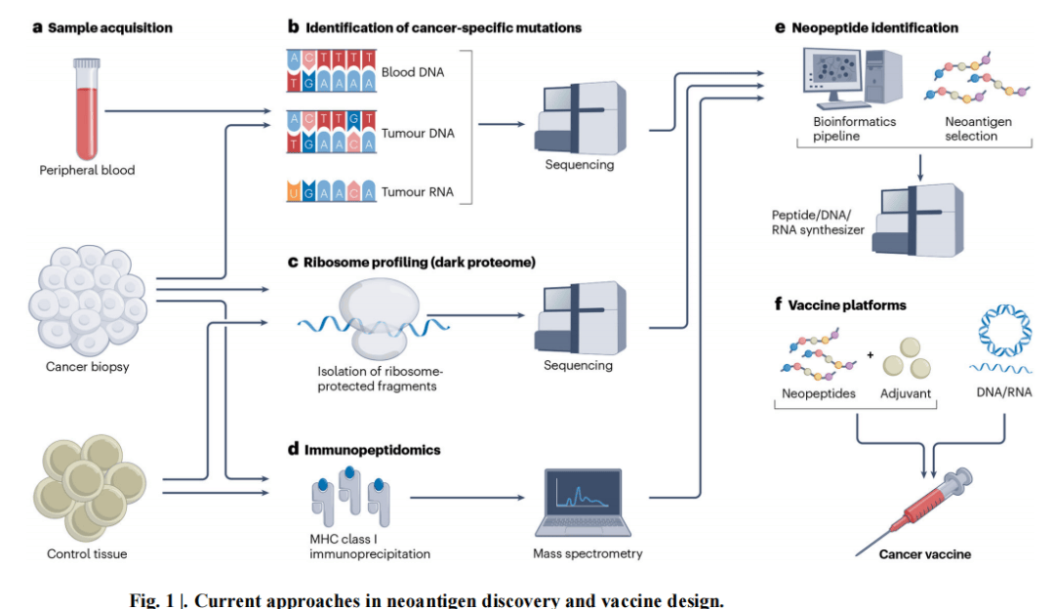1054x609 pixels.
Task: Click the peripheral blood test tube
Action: point(87,108)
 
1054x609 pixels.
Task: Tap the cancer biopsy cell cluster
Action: point(88,300)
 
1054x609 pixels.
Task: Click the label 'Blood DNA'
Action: point(413,72)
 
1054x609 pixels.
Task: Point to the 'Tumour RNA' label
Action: point(418,191)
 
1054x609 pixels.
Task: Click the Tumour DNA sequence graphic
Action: point(332,133)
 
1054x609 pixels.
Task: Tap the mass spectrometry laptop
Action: point(583,503)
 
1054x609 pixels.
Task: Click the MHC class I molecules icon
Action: point(350,496)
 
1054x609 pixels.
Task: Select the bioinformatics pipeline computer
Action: point(853,78)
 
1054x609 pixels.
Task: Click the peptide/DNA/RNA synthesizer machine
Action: point(918,221)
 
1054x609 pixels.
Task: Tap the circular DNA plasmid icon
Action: point(1004,330)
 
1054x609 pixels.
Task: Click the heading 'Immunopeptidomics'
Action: point(373,450)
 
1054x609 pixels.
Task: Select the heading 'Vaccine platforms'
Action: point(847,305)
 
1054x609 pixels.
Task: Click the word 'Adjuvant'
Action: point(906,393)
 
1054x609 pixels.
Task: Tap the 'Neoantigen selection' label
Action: point(978,129)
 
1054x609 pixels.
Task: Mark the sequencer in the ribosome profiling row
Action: point(581,318)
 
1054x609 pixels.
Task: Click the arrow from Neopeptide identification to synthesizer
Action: point(920,167)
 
